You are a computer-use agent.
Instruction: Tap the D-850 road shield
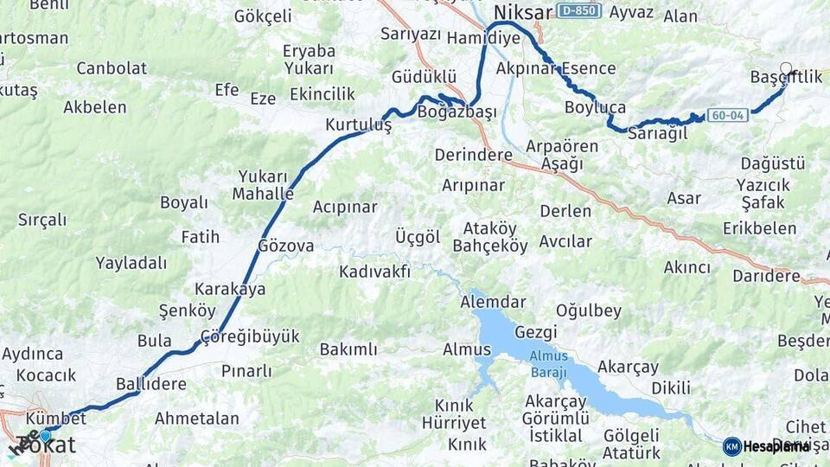click(x=578, y=11)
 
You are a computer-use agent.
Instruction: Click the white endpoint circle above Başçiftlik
click(x=786, y=67)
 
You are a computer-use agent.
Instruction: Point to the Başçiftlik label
click(x=786, y=78)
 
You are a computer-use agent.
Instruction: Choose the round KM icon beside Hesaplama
click(x=732, y=446)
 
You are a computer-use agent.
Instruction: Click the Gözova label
click(x=286, y=246)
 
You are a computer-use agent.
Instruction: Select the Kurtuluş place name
click(x=358, y=125)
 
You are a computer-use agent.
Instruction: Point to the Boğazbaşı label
click(x=456, y=112)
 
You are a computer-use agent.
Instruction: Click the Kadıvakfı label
click(x=374, y=272)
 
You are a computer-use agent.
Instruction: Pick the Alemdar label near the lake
click(x=493, y=302)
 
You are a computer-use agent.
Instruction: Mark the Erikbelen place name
click(x=760, y=228)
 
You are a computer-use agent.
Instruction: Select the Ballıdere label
click(x=151, y=383)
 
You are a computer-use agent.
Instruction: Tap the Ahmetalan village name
click(x=197, y=419)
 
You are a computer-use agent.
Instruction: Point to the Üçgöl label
click(x=418, y=237)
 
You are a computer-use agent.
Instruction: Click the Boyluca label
click(x=595, y=107)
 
